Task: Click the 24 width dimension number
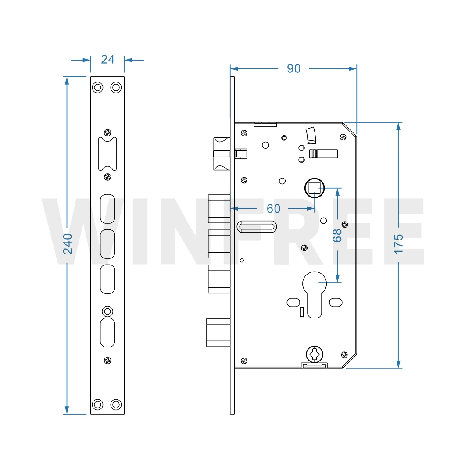click(x=107, y=59)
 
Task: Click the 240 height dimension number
click(x=68, y=243)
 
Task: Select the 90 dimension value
click(x=293, y=69)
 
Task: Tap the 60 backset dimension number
click(x=273, y=209)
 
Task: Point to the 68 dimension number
click(x=337, y=236)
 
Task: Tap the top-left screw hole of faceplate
click(x=98, y=87)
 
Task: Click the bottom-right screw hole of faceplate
click(x=116, y=404)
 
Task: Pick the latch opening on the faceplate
click(x=107, y=154)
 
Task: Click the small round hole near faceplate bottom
click(x=107, y=311)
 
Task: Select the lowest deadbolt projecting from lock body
click(x=218, y=332)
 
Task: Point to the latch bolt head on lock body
click(x=221, y=154)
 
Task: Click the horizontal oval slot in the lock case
click(x=257, y=226)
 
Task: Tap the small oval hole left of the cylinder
click(x=293, y=302)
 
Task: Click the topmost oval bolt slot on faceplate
click(x=107, y=209)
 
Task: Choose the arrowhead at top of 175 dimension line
click(x=398, y=126)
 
